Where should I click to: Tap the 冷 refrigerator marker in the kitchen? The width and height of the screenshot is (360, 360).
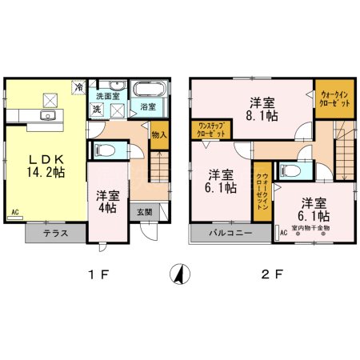point(79,85)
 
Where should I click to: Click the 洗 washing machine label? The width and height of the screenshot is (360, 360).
point(95,109)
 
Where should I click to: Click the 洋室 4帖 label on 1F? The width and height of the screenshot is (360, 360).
point(106,201)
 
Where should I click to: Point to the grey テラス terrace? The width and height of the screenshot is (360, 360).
point(54,234)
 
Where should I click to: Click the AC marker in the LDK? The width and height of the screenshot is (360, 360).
point(14,212)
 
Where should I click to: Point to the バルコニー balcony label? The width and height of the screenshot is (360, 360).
point(231,234)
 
